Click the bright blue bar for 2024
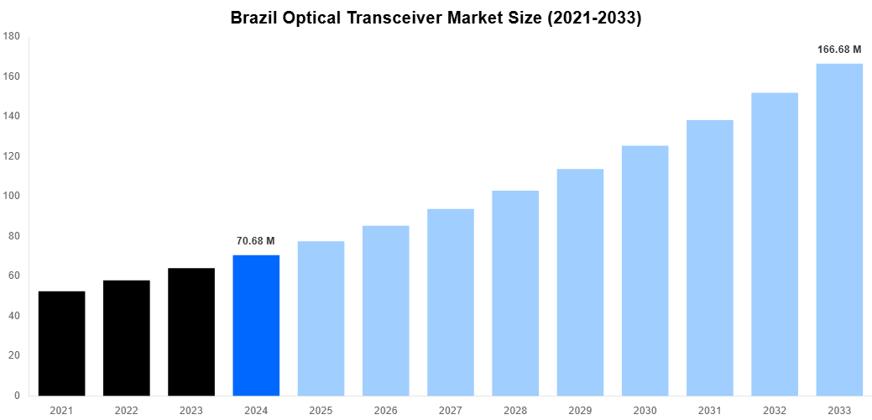point(256,325)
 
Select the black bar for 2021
point(62,343)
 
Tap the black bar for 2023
point(191,332)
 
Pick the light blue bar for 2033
point(839,229)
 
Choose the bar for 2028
point(515,293)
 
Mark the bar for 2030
point(645,270)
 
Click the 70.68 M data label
point(256,241)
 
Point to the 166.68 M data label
point(839,50)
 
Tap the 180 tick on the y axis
point(12,36)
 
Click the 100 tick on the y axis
point(12,196)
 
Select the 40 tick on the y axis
point(14,316)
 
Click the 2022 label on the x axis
point(127,410)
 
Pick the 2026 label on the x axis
point(386,410)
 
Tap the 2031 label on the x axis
point(710,410)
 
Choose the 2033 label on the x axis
point(839,410)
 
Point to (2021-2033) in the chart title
point(593,18)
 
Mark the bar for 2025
point(321,318)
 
